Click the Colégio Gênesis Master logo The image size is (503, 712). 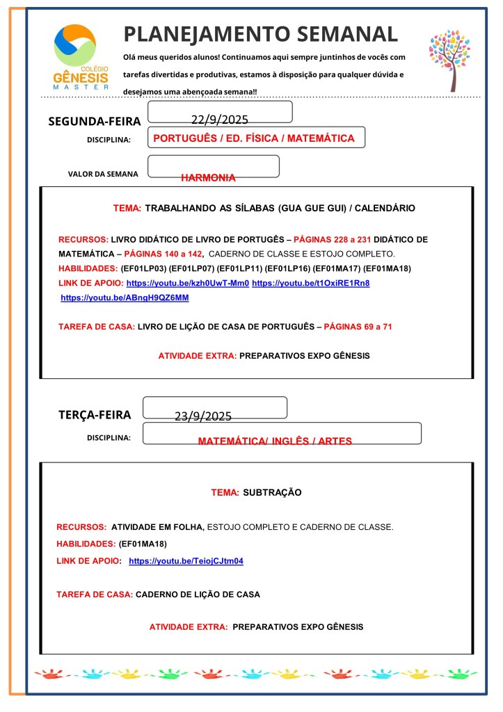click(81, 58)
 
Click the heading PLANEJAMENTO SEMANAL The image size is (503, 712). click(261, 33)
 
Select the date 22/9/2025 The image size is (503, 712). click(219, 120)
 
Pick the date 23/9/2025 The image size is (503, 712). click(202, 416)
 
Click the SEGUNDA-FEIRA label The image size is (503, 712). click(95, 122)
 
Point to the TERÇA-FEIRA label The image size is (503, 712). click(95, 415)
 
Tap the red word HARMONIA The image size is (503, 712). click(208, 177)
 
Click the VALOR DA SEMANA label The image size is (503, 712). click(103, 174)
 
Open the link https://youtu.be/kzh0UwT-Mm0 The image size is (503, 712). click(187, 283)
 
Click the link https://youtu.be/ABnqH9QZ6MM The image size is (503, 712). click(125, 298)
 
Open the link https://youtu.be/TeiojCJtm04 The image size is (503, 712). click(186, 560)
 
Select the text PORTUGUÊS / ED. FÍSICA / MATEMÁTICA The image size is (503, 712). click(253, 138)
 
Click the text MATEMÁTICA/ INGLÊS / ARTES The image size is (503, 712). click(275, 441)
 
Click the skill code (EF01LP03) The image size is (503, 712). click(144, 268)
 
